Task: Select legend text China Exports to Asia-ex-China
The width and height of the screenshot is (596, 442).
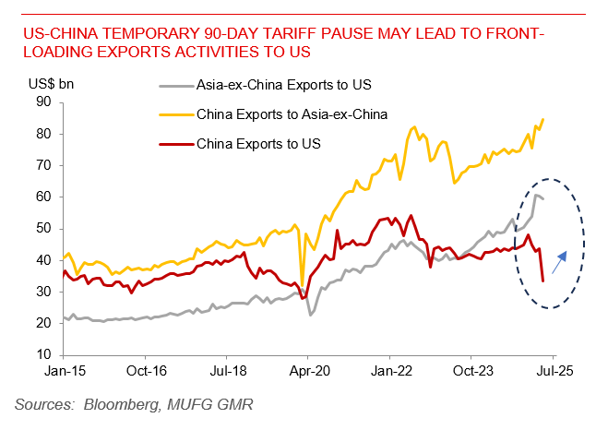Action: click(x=292, y=114)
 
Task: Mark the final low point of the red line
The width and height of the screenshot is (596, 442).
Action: click(x=542, y=281)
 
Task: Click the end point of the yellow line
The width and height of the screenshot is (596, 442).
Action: click(x=542, y=119)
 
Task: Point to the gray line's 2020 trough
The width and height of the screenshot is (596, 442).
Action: click(x=311, y=315)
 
